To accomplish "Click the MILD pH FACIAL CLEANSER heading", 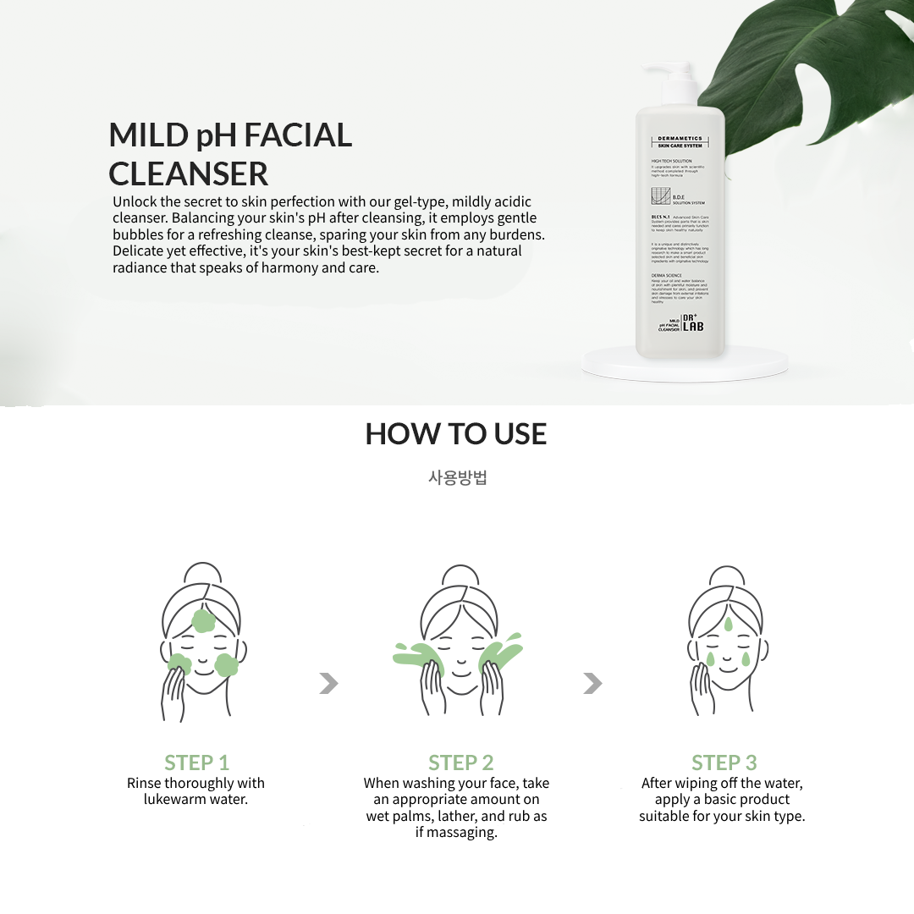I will (230, 154).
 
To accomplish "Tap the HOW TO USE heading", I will (456, 434).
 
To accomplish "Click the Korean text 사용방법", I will (457, 477).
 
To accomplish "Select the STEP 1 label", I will (196, 762).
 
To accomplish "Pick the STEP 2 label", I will (460, 762).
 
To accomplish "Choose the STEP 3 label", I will (724, 762).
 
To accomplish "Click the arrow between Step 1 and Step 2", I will (328, 683).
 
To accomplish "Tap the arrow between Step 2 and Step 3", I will (592, 683).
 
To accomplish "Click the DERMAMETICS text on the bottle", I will (680, 139).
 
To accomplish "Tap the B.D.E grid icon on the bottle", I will (660, 197).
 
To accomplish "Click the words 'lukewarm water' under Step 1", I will (195, 799).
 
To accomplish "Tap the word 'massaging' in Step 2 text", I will (462, 832).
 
